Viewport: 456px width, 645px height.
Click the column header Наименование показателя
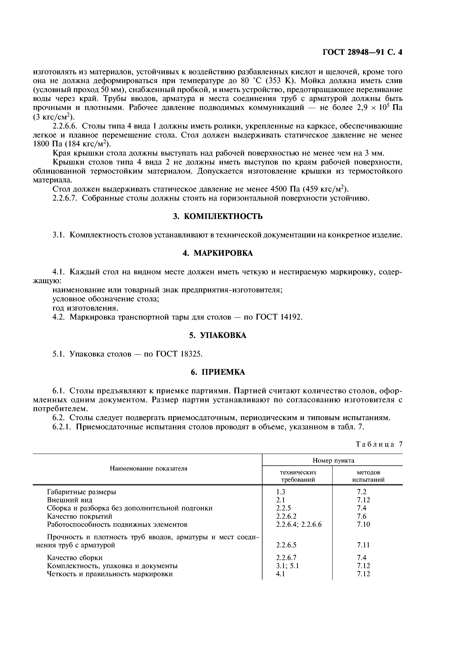(x=148, y=468)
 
